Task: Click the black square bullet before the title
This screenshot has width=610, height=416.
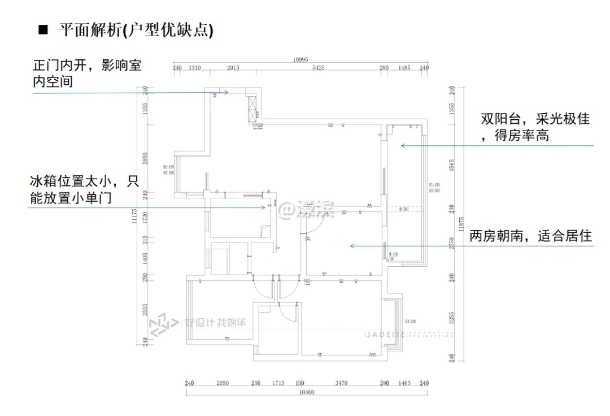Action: pos(41,29)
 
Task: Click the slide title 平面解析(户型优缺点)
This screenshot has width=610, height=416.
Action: pos(136,29)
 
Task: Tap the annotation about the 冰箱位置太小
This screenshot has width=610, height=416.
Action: pos(84,189)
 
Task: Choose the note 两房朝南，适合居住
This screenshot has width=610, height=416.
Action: pos(530,236)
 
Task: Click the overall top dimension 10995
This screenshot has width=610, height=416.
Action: pos(300,60)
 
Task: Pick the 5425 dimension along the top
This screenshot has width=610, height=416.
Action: pos(319,68)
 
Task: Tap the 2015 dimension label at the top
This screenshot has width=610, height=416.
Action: pos(233,68)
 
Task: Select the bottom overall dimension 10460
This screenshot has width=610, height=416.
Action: pos(306,392)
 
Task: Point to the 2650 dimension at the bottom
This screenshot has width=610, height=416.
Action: pos(223,383)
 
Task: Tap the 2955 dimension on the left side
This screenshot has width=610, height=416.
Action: pos(145,158)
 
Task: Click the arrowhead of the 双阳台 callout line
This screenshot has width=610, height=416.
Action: pos(402,146)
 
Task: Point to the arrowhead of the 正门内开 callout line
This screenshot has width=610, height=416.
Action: pos(226,92)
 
